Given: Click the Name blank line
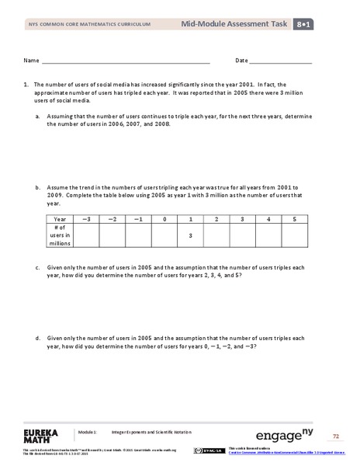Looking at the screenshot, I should tap(126, 61).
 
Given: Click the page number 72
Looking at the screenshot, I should tap(337, 436).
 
